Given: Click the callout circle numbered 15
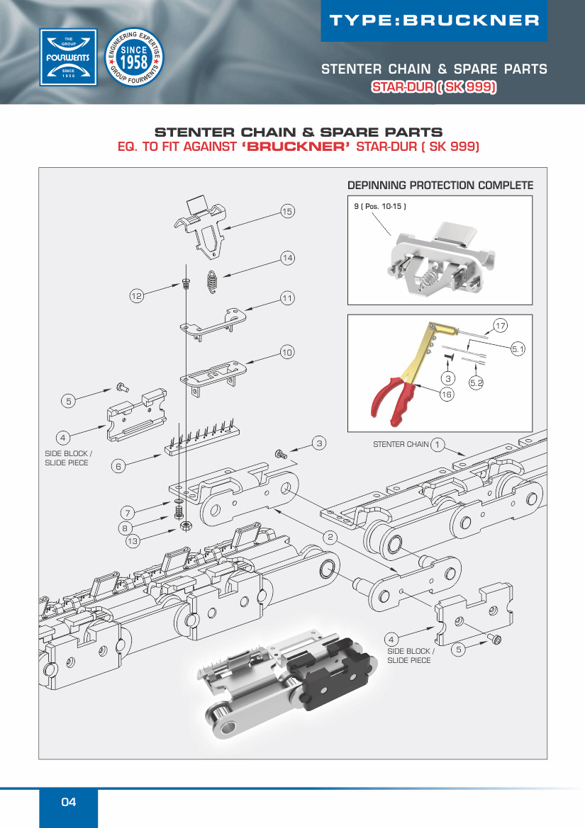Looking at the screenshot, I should pos(287,212).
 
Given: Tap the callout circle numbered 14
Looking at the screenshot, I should pos(287,259).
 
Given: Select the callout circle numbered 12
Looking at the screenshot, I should pos(137,295).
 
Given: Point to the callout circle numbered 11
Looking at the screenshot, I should pos(287,298).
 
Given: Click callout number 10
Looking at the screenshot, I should pos(287,352).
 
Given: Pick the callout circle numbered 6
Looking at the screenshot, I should pos(119,466).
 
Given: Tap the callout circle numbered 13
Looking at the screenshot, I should pos(133,542).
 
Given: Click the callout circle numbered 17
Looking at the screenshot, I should pos(501,326).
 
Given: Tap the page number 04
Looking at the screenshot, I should pos(68,802).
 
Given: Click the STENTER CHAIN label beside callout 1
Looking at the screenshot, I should pos(401,444).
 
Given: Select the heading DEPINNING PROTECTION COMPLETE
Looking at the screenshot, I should pos(440,186).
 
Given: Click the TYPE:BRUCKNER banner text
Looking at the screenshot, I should pos(435,20).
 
